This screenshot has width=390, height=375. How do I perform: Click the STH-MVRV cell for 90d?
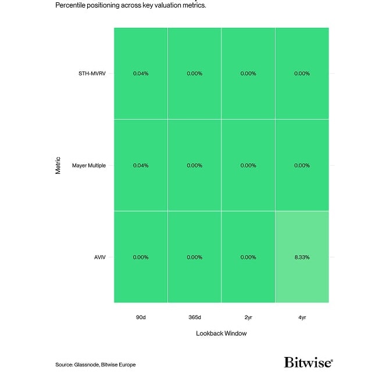(141, 73)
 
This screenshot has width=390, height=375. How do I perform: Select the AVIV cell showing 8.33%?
(302, 257)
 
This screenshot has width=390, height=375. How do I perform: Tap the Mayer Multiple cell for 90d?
(141, 165)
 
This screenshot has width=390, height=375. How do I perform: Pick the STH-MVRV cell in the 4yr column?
(302, 73)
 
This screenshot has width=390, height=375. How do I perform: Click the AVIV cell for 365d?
(194, 257)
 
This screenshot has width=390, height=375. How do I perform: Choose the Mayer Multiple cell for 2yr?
(248, 165)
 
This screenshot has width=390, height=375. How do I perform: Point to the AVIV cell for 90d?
(141, 257)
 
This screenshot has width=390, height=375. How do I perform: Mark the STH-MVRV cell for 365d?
(194, 73)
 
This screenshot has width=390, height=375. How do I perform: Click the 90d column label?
(141, 317)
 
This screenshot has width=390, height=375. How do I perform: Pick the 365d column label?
(194, 317)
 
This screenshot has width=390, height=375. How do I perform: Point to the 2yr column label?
(248, 317)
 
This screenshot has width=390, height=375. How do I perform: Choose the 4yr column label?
(302, 317)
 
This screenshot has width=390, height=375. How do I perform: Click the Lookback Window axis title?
(221, 334)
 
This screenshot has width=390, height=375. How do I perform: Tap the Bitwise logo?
(308, 362)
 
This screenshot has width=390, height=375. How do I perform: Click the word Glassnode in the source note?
(86, 365)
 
